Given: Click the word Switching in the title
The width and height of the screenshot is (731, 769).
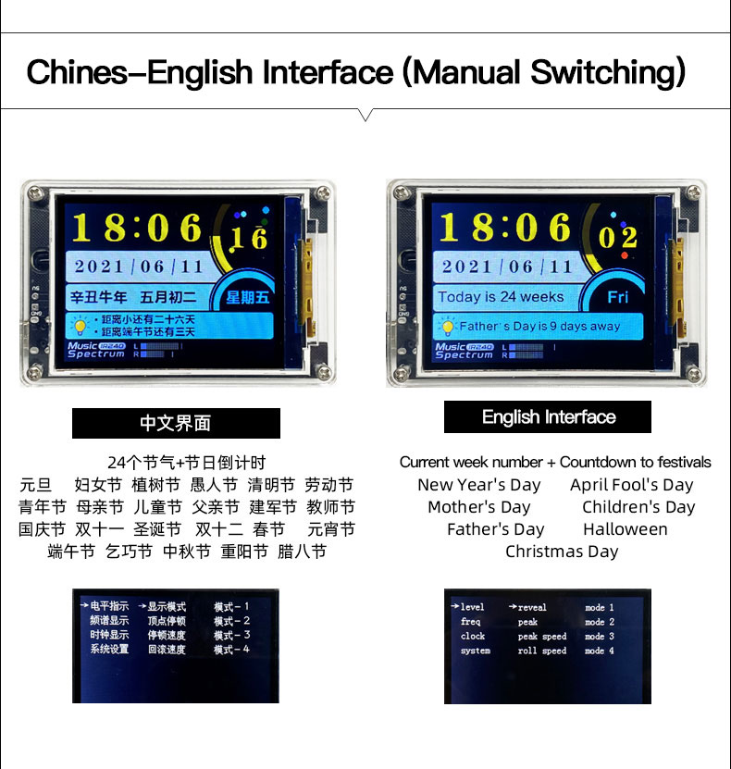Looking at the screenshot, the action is [x=607, y=72].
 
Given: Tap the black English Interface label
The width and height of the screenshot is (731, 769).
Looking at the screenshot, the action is [x=548, y=416].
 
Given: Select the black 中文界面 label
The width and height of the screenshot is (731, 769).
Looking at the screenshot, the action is [x=176, y=423].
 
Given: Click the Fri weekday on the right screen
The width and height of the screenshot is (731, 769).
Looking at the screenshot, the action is [x=618, y=297].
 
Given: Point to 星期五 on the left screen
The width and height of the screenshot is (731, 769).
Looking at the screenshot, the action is [x=248, y=297].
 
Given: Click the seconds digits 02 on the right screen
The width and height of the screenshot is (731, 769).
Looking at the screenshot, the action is [x=618, y=238].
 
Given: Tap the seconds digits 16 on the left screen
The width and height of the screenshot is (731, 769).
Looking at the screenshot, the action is [x=249, y=238].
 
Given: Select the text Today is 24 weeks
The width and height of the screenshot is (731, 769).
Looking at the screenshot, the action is [x=501, y=297].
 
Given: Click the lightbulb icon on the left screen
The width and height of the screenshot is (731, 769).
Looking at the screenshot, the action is [x=80, y=326].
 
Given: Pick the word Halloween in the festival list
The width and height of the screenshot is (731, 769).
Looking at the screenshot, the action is [x=626, y=529].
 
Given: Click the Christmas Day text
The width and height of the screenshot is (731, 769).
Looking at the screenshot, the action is [x=562, y=552].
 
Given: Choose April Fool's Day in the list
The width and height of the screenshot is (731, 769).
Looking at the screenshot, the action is [x=631, y=485].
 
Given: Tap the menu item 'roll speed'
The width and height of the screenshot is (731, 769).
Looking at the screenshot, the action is [x=541, y=651].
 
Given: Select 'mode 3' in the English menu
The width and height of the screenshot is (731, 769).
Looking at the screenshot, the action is [x=599, y=636].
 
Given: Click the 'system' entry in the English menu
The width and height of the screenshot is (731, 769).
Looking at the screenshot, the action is [x=475, y=651].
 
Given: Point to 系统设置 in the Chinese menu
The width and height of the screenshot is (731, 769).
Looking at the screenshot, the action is [x=109, y=650].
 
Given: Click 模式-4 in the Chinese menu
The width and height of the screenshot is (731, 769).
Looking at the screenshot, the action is [x=232, y=650].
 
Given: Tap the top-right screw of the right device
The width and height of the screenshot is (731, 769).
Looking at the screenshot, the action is [x=693, y=192].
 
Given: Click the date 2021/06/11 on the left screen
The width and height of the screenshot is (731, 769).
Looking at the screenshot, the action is [x=138, y=267].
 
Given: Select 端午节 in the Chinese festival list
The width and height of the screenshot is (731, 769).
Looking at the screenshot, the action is [x=71, y=552].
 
